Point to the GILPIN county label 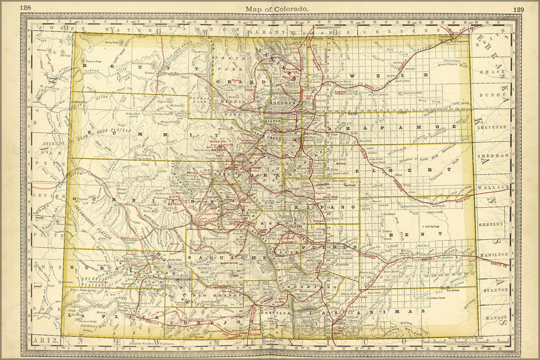(272, 121)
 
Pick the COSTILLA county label (279, 314)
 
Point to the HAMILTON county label (493, 254)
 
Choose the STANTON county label (496, 289)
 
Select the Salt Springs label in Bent (433, 226)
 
